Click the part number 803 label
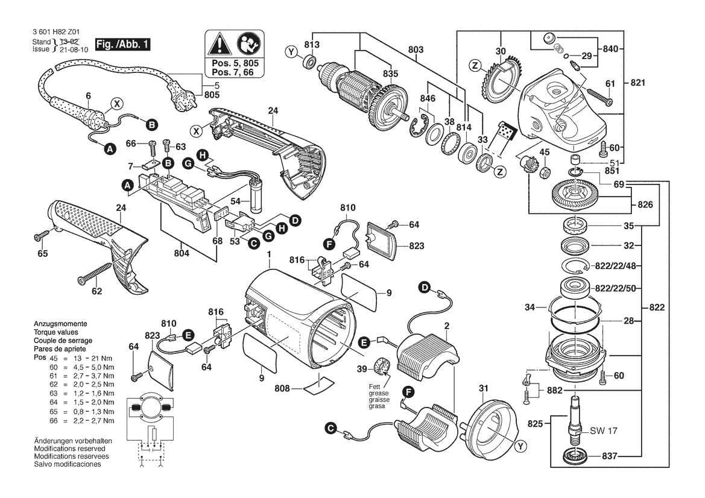(x=416, y=49)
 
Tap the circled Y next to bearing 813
(x=292, y=54)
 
